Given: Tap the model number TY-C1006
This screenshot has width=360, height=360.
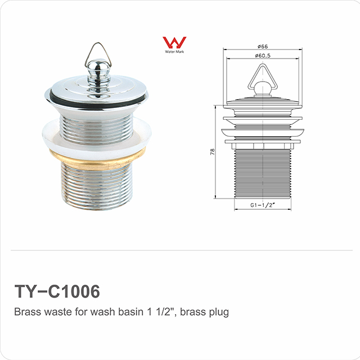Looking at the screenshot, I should pyautogui.click(x=57, y=291).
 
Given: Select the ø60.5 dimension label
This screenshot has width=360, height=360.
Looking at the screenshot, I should pyautogui.click(x=263, y=56).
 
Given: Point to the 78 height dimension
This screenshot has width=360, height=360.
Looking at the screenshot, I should pyautogui.click(x=213, y=152).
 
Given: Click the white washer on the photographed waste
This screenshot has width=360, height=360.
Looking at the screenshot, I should pyautogui.click(x=97, y=135).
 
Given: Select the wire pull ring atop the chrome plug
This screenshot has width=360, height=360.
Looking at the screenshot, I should pyautogui.click(x=96, y=52).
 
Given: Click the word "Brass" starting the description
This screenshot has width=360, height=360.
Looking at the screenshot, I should pyautogui.click(x=26, y=312).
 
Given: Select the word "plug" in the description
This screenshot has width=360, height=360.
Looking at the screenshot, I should pyautogui.click(x=219, y=312).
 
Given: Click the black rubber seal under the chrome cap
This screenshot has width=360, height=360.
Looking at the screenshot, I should pyautogui.click(x=97, y=101).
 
